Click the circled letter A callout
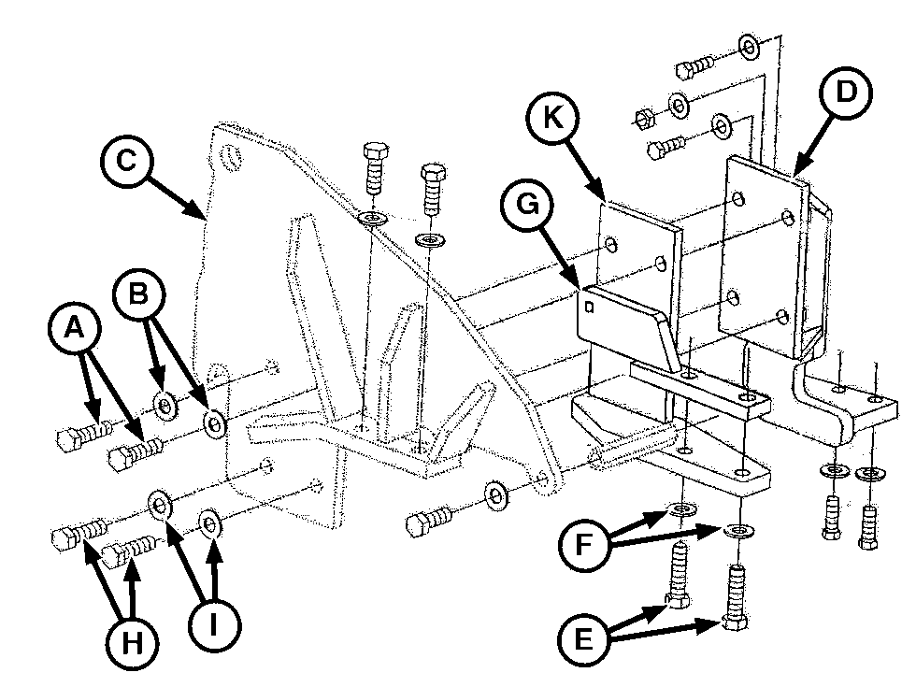pyautogui.click(x=74, y=328)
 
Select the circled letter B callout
pyautogui.click(x=139, y=293)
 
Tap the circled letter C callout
pyautogui.click(x=126, y=161)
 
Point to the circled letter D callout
pyautogui.click(x=845, y=93)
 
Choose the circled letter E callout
pyautogui.click(x=583, y=639)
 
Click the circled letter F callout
pyautogui.click(x=583, y=544)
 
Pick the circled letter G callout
pyautogui.click(x=527, y=205)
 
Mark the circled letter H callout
pyautogui.click(x=133, y=644)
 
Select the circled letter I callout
pyautogui.click(x=214, y=625)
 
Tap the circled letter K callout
pyautogui.click(x=552, y=118)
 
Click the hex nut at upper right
pyautogui.click(x=643, y=117)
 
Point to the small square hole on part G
pyautogui.click(x=589, y=307)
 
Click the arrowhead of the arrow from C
pyautogui.click(x=197, y=211)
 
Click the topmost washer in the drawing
pyautogui.click(x=749, y=47)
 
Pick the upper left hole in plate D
pyautogui.click(x=738, y=199)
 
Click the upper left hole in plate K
pyautogui.click(x=611, y=243)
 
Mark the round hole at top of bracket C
pyautogui.click(x=232, y=157)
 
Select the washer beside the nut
pyautogui.click(x=679, y=106)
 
